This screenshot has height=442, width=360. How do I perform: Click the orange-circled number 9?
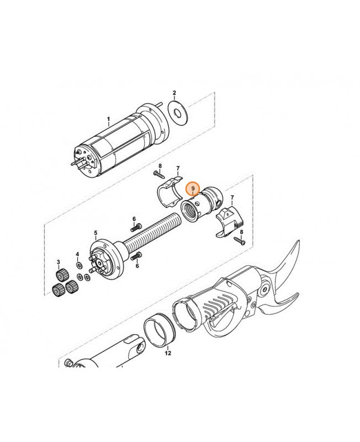193,189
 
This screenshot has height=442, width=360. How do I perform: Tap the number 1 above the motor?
109,119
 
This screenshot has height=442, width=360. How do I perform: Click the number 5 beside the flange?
96,233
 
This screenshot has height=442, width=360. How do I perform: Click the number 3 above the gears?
59,261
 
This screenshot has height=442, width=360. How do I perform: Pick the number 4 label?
78,255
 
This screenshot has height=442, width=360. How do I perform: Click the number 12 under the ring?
168,352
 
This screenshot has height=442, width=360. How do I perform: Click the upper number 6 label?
134,219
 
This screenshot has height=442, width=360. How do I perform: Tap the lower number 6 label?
137,266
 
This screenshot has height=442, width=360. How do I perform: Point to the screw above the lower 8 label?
240,240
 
